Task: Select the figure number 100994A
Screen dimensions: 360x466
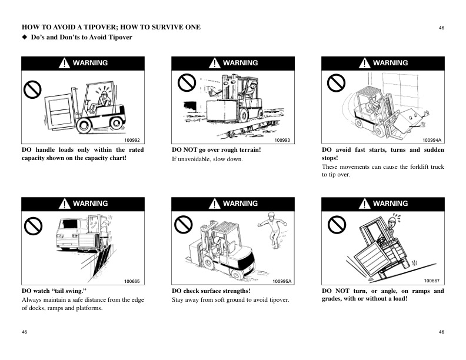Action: click(x=432, y=139)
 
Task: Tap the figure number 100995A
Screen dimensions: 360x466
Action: click(x=282, y=281)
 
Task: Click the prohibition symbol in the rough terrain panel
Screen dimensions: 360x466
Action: click(x=186, y=84)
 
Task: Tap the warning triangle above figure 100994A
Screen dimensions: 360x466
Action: click(x=365, y=63)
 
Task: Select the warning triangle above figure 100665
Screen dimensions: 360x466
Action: click(x=66, y=204)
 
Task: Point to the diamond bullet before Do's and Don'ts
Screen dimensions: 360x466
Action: click(x=25, y=38)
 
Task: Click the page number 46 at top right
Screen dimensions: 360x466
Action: click(x=441, y=28)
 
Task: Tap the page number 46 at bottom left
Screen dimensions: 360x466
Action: click(x=25, y=332)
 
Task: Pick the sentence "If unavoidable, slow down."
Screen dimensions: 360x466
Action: click(x=207, y=159)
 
